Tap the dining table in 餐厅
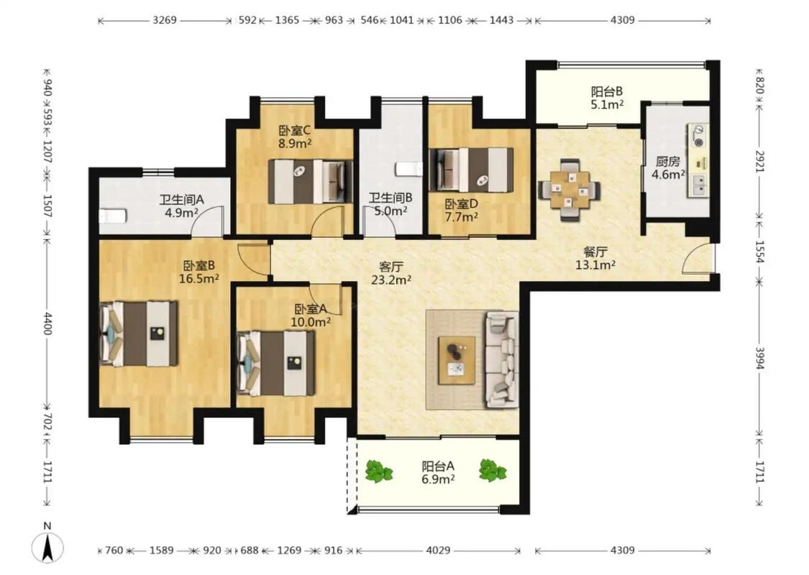tap(570, 190)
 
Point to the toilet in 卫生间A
tap(113, 216)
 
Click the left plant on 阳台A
tap(379, 471)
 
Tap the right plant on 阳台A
tap(493, 470)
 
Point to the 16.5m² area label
tap(199, 279)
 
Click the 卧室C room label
tap(295, 131)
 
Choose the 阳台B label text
tap(607, 92)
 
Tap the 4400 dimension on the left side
tap(47, 323)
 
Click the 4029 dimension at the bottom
tap(438, 551)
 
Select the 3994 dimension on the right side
tap(759, 358)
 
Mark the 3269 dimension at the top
tap(165, 20)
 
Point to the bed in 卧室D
tap(471, 170)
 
